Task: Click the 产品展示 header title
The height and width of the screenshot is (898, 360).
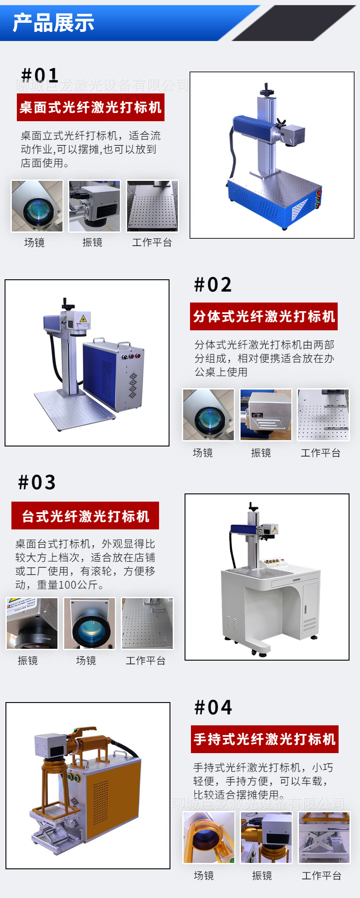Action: (x=53, y=23)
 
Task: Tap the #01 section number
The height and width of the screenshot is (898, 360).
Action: (x=40, y=75)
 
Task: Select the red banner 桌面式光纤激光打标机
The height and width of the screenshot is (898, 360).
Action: (x=90, y=108)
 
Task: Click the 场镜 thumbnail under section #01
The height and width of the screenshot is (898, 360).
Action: (x=37, y=206)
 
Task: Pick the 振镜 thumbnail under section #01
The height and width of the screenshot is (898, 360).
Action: (x=94, y=206)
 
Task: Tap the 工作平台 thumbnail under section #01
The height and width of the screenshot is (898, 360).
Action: (x=152, y=206)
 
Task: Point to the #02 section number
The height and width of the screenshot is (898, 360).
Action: (x=213, y=285)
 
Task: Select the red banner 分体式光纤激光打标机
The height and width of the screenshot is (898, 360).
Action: (x=263, y=316)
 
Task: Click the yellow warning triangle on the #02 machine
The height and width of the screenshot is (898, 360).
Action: (x=83, y=318)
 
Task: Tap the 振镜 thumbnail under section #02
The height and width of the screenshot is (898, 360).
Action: (x=266, y=415)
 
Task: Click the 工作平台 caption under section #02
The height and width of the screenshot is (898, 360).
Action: (x=320, y=453)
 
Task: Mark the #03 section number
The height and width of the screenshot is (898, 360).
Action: (x=37, y=482)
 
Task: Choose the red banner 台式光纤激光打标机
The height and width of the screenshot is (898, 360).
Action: (x=85, y=516)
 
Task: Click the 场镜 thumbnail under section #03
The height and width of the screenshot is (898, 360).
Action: (x=89, y=623)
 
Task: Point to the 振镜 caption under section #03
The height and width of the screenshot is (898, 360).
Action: (x=28, y=661)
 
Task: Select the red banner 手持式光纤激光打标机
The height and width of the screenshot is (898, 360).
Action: (x=264, y=739)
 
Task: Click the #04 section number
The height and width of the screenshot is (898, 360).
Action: (x=213, y=708)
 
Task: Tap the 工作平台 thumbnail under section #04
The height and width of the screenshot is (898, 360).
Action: (x=324, y=837)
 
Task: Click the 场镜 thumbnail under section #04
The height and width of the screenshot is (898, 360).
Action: (x=208, y=837)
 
